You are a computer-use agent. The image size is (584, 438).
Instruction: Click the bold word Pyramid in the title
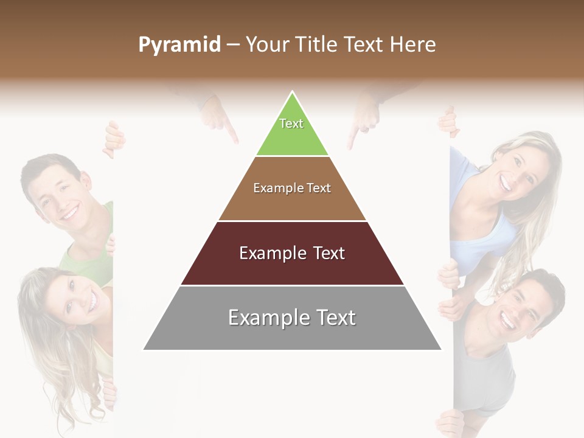(x=179, y=44)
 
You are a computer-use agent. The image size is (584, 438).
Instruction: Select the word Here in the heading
(x=412, y=44)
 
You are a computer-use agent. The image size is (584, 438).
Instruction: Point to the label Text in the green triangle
(x=291, y=123)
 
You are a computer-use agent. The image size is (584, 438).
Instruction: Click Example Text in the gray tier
(x=292, y=318)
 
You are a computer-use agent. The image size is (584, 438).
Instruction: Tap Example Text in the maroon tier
(x=292, y=253)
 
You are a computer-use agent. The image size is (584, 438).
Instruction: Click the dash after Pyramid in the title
(x=233, y=44)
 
